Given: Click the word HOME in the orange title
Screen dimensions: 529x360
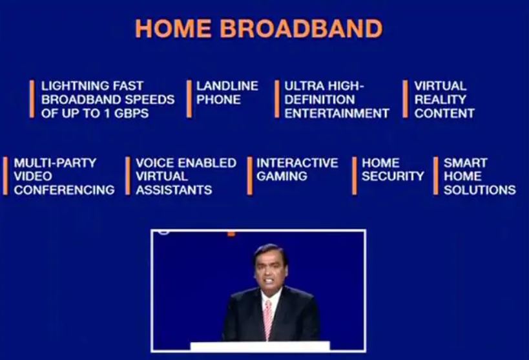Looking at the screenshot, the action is (x=173, y=28).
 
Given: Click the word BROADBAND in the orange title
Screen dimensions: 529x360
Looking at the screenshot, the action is (x=301, y=28).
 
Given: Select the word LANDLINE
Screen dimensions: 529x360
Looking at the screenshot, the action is (x=227, y=86).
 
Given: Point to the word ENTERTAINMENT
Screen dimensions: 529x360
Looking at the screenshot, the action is (x=337, y=114).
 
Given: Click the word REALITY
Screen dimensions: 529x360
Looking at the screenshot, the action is (x=440, y=100).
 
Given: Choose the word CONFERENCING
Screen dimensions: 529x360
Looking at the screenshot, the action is (x=64, y=190).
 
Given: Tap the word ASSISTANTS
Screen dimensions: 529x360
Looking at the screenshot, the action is (x=174, y=190).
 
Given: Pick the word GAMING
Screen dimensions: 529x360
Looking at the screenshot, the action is (x=282, y=176).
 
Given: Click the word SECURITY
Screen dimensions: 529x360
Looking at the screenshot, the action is (x=393, y=176).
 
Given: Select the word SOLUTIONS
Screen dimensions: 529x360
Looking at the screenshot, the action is (x=480, y=190).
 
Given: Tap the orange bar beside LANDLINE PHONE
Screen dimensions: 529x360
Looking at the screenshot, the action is (x=189, y=99).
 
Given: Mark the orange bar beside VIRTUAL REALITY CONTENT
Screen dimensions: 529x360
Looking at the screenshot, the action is (x=405, y=99).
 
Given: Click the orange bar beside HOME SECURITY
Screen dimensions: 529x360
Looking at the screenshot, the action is (x=354, y=176).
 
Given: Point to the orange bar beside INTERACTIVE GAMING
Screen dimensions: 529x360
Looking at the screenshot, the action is (x=250, y=176).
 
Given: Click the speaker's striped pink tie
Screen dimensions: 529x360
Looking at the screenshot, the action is (x=268, y=319).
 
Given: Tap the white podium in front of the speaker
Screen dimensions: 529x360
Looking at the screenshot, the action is (x=260, y=346).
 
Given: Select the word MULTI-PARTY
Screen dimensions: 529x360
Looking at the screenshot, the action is (x=55, y=163).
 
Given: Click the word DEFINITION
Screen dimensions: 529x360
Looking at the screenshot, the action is (x=320, y=100).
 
